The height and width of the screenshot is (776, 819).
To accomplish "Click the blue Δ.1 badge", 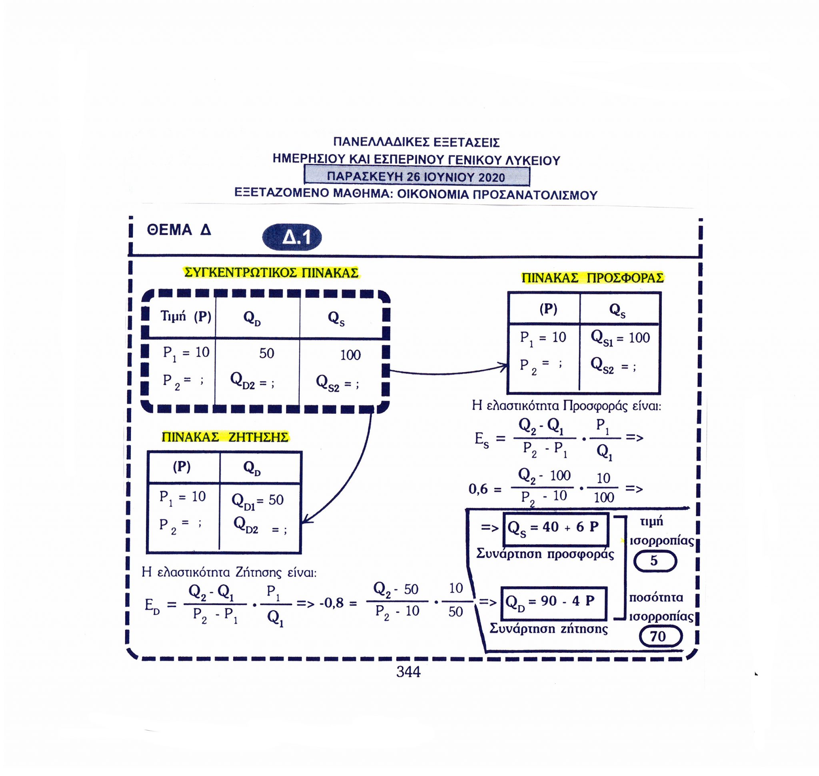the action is point(292,238).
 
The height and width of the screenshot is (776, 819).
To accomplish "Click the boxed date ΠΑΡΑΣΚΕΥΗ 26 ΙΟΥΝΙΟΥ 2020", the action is point(417,176).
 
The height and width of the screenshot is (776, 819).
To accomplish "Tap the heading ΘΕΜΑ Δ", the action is point(179,230).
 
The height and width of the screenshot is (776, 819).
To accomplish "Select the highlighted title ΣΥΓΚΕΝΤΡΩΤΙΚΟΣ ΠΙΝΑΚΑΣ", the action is point(271,273).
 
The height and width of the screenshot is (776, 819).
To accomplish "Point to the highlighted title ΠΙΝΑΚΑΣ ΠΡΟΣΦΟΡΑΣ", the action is point(592,278).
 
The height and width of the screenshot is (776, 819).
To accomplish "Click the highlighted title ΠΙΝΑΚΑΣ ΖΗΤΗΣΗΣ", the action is point(225,437).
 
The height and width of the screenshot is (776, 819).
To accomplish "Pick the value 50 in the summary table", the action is point(267,353).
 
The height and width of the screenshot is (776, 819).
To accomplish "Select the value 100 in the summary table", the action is point(350,355).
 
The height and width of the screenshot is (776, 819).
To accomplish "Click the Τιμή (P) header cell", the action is point(186,317).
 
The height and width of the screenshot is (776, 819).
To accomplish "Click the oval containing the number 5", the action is point(655,561).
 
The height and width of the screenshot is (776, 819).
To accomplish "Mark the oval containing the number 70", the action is point(660,636).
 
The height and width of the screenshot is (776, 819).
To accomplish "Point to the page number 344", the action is point(408,672).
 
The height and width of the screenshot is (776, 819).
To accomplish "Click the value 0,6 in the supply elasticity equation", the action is point(478,489).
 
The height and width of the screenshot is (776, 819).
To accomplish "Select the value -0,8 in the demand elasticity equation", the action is point(332,603).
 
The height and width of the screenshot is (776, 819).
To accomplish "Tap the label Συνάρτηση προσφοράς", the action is point(545,554).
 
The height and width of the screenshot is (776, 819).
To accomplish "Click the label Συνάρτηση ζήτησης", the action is point(549,629).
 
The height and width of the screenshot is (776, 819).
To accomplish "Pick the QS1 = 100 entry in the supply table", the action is point(620,338).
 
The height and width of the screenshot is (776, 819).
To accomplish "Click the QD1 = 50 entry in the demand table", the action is point(258,501).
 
